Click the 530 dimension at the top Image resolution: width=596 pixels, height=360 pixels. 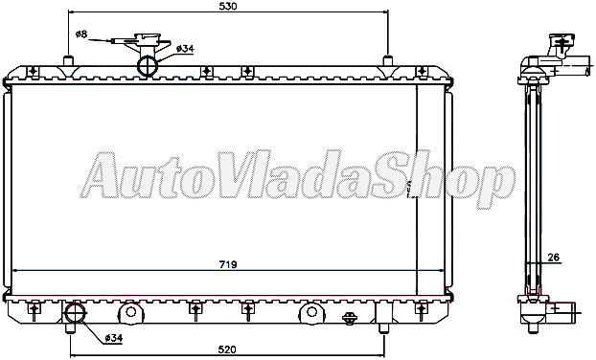click(227, 7)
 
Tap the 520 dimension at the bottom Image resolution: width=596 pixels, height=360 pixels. click(227, 350)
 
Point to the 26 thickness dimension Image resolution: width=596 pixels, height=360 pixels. click(554, 257)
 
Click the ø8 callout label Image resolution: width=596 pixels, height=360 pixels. click(81, 34)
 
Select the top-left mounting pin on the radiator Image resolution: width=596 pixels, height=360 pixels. click(68, 61)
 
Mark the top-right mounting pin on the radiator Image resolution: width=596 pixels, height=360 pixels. click(388, 61)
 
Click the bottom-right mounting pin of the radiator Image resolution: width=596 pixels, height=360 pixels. click(383, 328)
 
